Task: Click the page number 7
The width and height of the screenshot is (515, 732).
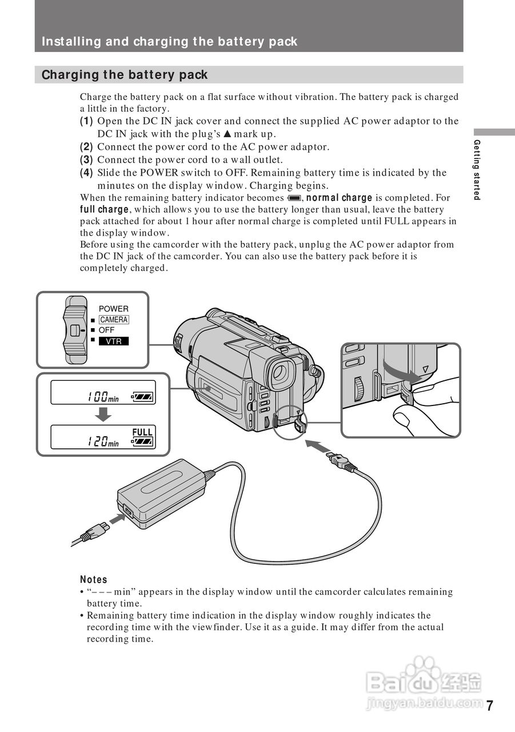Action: click(x=489, y=705)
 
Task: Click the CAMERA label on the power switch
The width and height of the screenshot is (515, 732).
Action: click(x=114, y=320)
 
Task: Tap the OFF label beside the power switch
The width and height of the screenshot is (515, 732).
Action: click(x=106, y=330)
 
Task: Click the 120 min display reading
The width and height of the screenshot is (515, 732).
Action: click(x=103, y=441)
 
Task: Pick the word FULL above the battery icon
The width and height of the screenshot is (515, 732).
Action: click(x=142, y=432)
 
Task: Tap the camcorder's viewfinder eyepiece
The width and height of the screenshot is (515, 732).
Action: click(x=279, y=372)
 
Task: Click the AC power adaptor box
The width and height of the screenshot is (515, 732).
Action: click(x=162, y=491)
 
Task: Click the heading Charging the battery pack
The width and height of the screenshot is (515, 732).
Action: click(x=125, y=75)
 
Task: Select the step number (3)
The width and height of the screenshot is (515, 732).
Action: click(x=86, y=160)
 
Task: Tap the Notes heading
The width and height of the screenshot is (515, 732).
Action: click(x=93, y=579)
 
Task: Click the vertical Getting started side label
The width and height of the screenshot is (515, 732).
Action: click(x=477, y=170)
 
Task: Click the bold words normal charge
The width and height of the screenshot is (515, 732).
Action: click(x=340, y=198)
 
